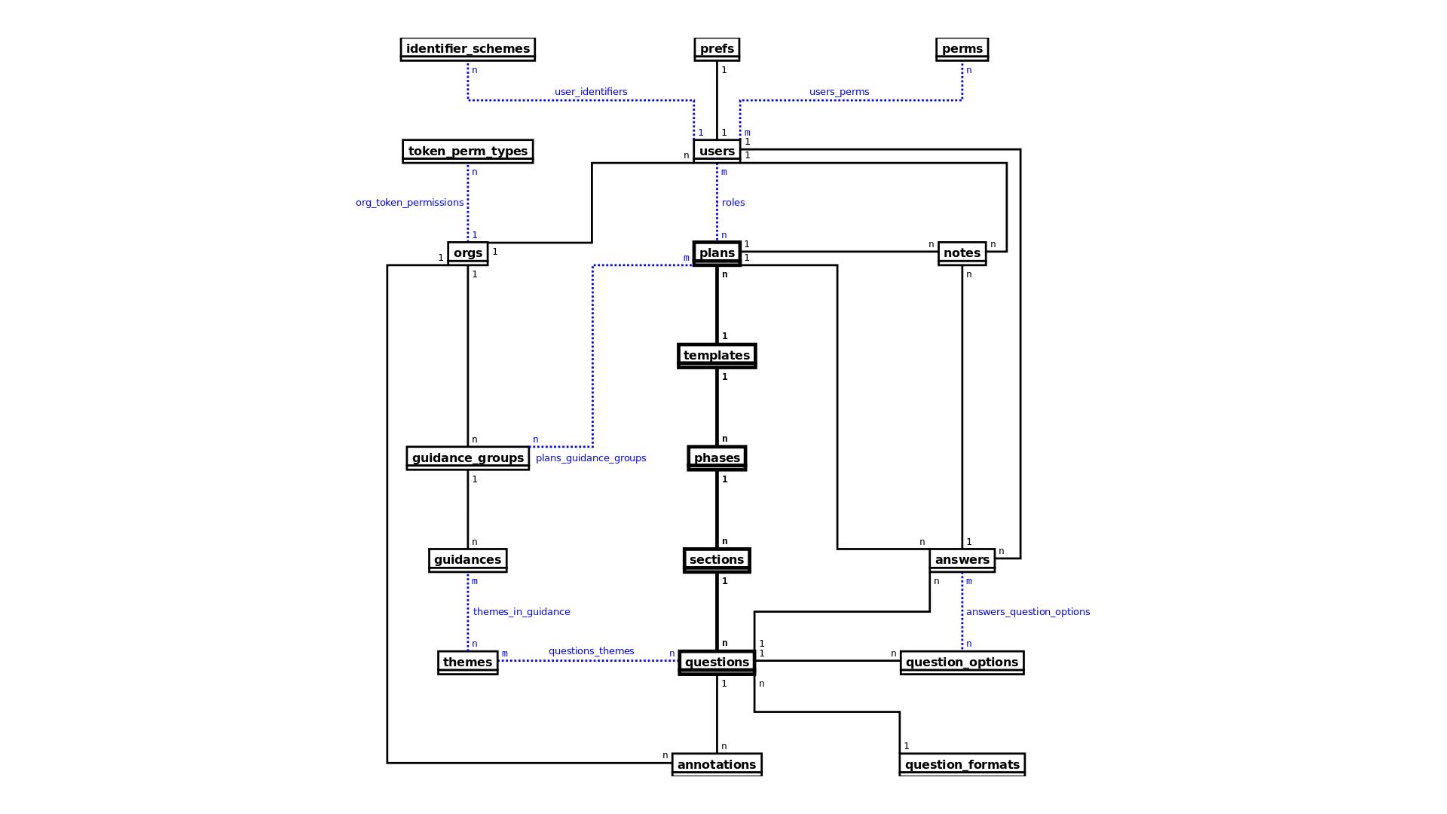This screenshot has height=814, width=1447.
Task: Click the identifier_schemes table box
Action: pos(468,49)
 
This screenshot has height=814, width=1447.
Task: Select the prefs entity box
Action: pos(717,49)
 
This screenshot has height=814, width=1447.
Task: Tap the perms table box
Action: pos(962,49)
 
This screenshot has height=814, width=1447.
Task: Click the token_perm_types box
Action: pos(468,151)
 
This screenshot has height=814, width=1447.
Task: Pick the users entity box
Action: pos(717,151)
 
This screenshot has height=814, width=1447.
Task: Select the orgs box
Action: pos(468,253)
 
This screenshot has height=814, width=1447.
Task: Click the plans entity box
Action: pos(717,253)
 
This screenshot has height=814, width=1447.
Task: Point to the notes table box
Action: pos(962,253)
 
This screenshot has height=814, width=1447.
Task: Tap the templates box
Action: pos(717,356)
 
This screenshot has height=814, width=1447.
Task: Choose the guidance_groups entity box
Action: pos(468,458)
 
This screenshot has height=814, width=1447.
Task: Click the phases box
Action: pos(717,458)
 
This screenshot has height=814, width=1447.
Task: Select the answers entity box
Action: pos(962,560)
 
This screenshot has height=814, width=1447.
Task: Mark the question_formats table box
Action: pos(962,764)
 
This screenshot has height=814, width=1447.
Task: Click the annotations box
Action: pos(717,764)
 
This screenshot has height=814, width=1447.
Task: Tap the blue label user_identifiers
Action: pos(591,92)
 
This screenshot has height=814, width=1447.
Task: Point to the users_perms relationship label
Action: pos(840,92)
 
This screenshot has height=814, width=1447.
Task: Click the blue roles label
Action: pos(733,203)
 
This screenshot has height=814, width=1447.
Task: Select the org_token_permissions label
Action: pos(410,203)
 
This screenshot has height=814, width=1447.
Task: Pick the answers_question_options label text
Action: pos(1028,612)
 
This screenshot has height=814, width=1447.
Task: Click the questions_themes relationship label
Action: pos(592,651)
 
